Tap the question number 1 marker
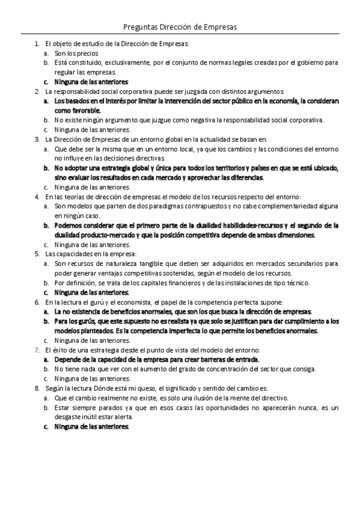pyautogui.click(x=37, y=44)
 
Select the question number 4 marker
pyautogui.click(x=37, y=197)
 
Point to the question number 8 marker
pyautogui.click(x=37, y=389)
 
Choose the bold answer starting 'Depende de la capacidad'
pyautogui.click(x=157, y=360)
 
